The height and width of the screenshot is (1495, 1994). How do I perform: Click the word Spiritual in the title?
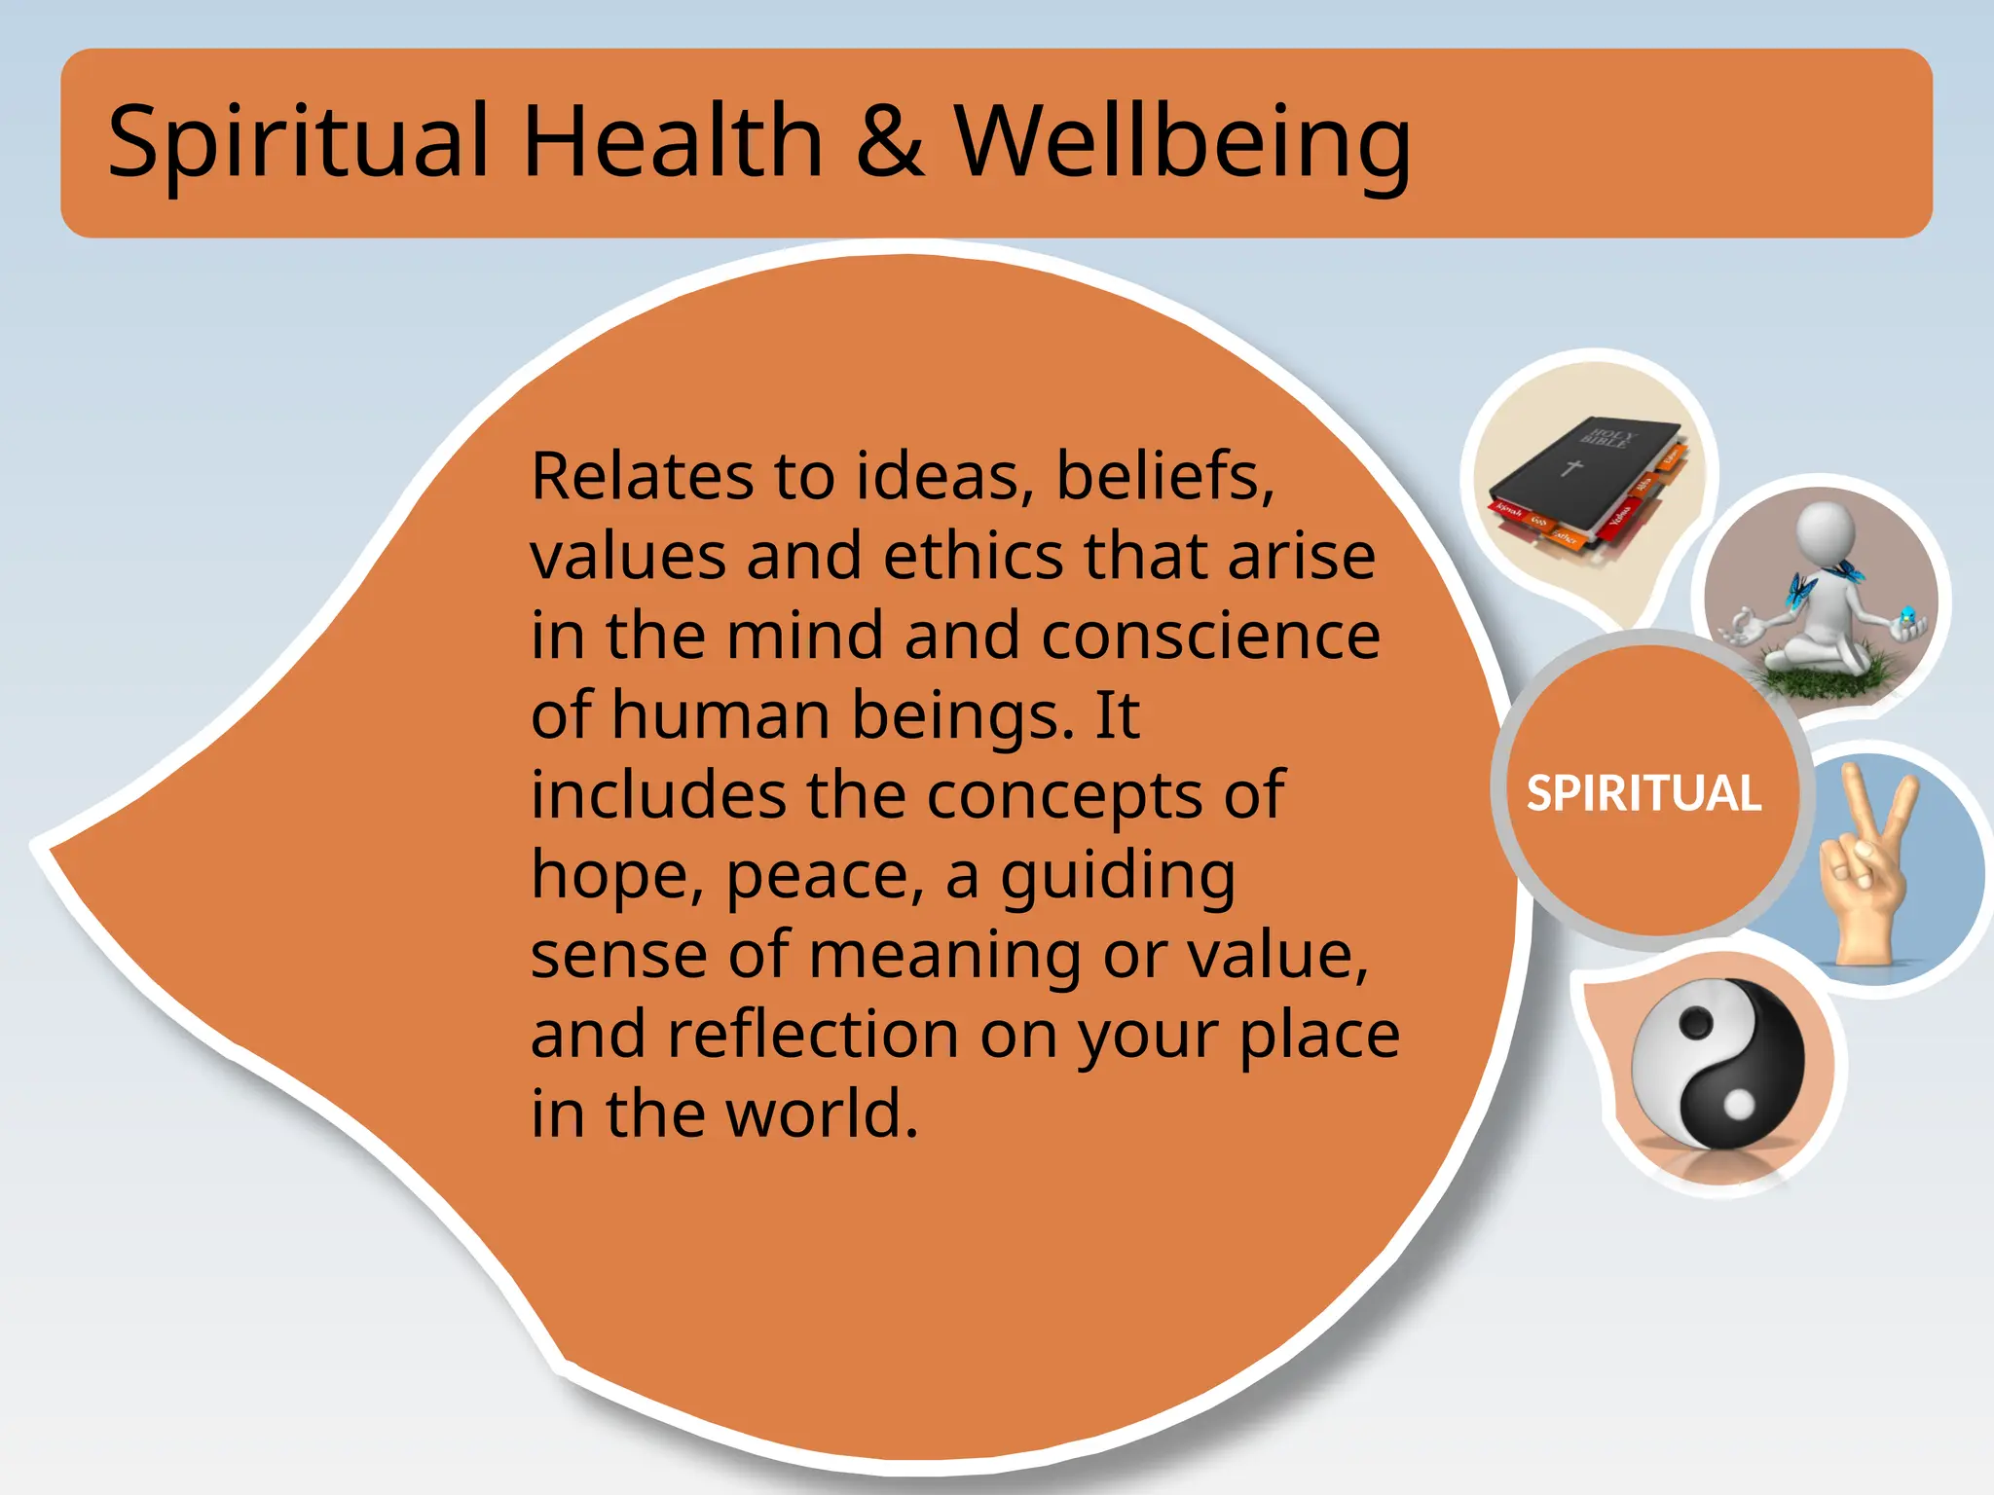tap(297, 142)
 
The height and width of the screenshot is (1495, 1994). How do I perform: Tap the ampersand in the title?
tap(889, 142)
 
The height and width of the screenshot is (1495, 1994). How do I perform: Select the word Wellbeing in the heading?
tap(1182, 142)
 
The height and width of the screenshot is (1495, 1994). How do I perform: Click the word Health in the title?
tap(673, 142)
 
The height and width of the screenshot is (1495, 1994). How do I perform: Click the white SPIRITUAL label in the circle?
tap(1643, 793)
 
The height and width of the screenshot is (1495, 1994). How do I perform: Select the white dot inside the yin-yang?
tap(1738, 1105)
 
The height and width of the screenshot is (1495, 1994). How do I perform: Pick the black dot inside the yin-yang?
tap(1696, 1023)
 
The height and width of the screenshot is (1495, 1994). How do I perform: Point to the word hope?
tap(616, 875)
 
